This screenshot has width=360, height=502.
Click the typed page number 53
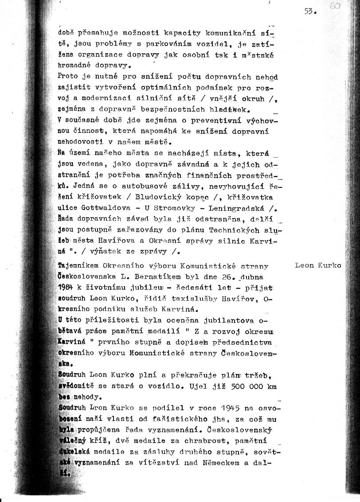pos(309,12)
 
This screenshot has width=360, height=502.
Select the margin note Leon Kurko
pos(318,265)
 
